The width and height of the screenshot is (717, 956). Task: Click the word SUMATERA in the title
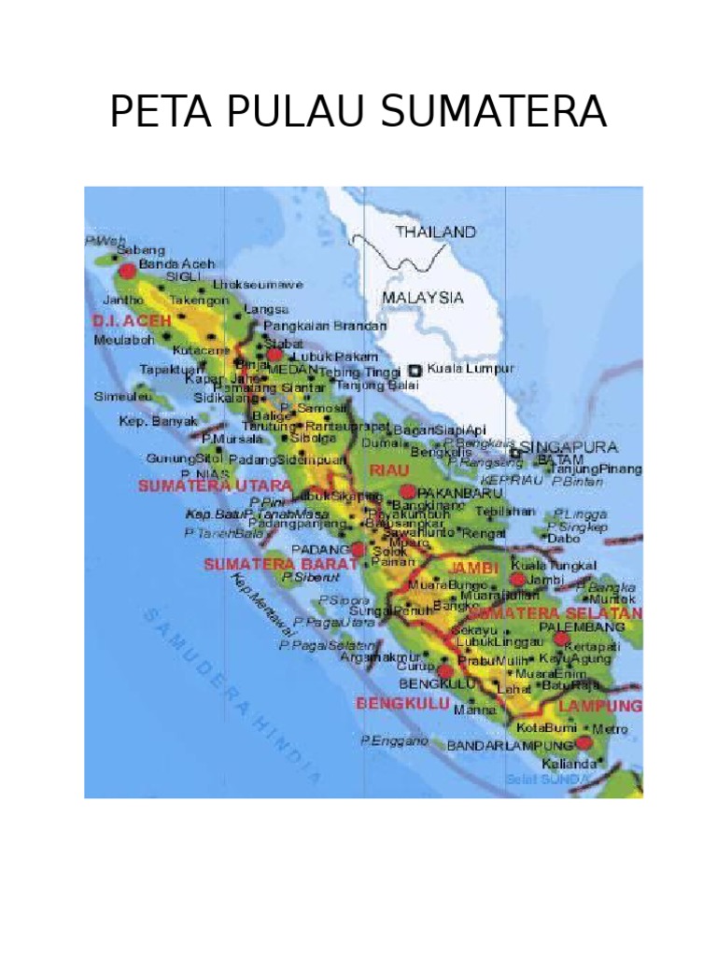click(x=492, y=114)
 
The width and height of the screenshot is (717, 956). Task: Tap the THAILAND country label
click(x=435, y=232)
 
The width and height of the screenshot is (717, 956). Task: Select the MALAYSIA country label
click(x=422, y=298)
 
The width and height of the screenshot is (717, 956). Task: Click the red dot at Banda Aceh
click(x=127, y=271)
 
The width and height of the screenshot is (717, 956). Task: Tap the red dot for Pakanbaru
click(x=407, y=491)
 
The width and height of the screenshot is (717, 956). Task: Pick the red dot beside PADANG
click(x=358, y=550)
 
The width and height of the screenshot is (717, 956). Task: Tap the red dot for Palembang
click(x=560, y=640)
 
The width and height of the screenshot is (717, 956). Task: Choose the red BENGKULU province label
click(x=402, y=703)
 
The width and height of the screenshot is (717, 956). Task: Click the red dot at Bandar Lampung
click(x=584, y=743)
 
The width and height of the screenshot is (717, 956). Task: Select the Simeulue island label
click(x=123, y=396)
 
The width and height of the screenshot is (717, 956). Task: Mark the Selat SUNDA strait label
click(x=547, y=779)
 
